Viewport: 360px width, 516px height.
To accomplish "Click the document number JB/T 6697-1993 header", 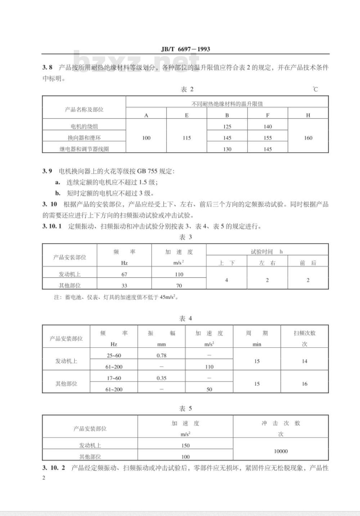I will pyautogui.click(x=185, y=49).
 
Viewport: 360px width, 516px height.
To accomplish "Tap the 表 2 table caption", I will pyautogui.click(x=186, y=90).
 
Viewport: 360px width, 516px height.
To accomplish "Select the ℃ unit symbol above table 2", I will pyautogui.click(x=315, y=89).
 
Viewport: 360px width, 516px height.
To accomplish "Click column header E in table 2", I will pyautogui.click(x=186, y=116).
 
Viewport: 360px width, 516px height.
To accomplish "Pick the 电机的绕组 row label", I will pyautogui.click(x=84, y=127).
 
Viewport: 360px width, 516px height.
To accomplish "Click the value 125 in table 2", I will pyautogui.click(x=227, y=127).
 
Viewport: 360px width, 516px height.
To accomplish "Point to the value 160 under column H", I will pyautogui.click(x=308, y=138).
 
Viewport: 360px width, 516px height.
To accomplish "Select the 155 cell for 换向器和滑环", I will pyautogui.click(x=267, y=138).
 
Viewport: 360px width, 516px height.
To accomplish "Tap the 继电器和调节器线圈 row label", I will pyautogui.click(x=84, y=149).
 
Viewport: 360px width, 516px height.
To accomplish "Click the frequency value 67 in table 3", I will pyautogui.click(x=124, y=274).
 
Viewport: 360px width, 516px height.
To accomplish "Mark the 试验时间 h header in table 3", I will pyautogui.click(x=267, y=252).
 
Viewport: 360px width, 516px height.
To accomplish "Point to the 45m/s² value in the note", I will pyautogui.click(x=168, y=298).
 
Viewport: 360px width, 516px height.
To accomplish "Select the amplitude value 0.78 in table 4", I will pyautogui.click(x=162, y=356).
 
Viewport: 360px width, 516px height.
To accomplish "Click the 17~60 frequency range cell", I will pyautogui.click(x=114, y=378).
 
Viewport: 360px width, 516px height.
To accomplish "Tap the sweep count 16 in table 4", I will pyautogui.click(x=305, y=384).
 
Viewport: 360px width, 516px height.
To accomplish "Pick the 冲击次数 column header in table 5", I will pyautogui.click(x=280, y=424).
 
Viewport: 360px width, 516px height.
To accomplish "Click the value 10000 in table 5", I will pyautogui.click(x=280, y=451).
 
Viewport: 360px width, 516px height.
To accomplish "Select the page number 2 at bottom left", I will pyautogui.click(x=44, y=478).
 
